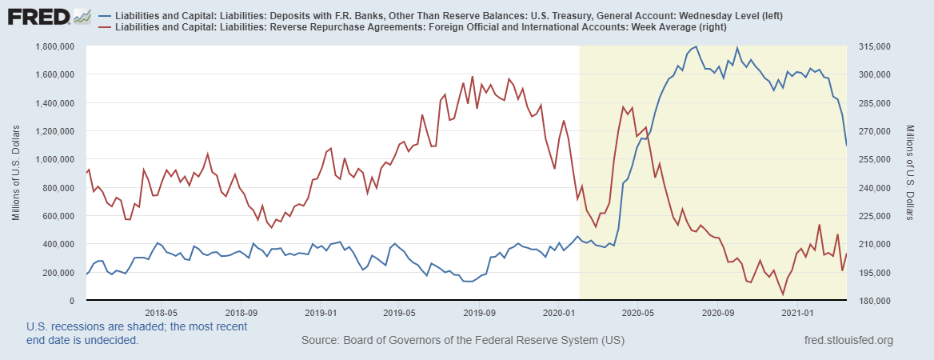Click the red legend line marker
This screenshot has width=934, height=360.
(x=106, y=28)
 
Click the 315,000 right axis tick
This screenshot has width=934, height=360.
(x=872, y=46)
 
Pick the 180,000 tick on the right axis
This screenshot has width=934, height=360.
(x=872, y=301)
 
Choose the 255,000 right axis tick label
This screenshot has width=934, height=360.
(x=872, y=159)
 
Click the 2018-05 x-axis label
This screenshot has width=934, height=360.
(x=161, y=313)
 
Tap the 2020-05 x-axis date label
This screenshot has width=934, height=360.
(x=637, y=313)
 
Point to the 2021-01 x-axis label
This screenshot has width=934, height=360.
(x=797, y=313)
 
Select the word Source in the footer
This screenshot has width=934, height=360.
(x=319, y=341)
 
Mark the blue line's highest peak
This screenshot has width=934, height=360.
(x=697, y=46)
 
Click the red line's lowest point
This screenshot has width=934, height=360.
(x=783, y=294)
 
